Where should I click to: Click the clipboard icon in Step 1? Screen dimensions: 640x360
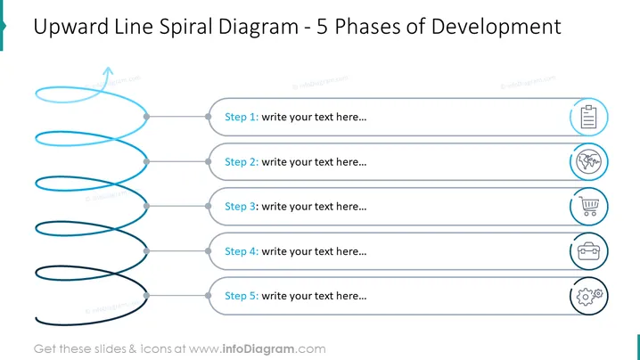(588, 117)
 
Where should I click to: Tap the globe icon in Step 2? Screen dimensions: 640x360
(588, 161)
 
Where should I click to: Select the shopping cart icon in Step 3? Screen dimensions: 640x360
(588, 206)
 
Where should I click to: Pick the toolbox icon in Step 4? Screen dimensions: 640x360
(588, 251)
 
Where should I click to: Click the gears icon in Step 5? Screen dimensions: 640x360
(589, 296)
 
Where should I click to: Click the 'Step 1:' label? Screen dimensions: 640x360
(242, 117)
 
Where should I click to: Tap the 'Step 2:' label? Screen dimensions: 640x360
(242, 162)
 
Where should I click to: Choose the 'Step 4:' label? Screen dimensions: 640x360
(242, 251)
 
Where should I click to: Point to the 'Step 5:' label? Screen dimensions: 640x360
(242, 296)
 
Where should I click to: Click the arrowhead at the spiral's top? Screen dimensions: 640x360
(108, 72)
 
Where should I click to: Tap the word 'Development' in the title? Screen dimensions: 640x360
(496, 27)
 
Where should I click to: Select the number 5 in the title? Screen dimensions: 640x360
(323, 27)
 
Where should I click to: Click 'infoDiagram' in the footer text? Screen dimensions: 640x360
(258, 349)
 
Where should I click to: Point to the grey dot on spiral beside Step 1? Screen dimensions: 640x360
(146, 117)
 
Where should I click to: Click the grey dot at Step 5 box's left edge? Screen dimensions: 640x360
(209, 296)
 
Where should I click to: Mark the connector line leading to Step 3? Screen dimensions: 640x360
(177, 206)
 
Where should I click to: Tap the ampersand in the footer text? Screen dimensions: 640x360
(133, 349)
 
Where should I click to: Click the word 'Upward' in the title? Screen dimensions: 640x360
(71, 27)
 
